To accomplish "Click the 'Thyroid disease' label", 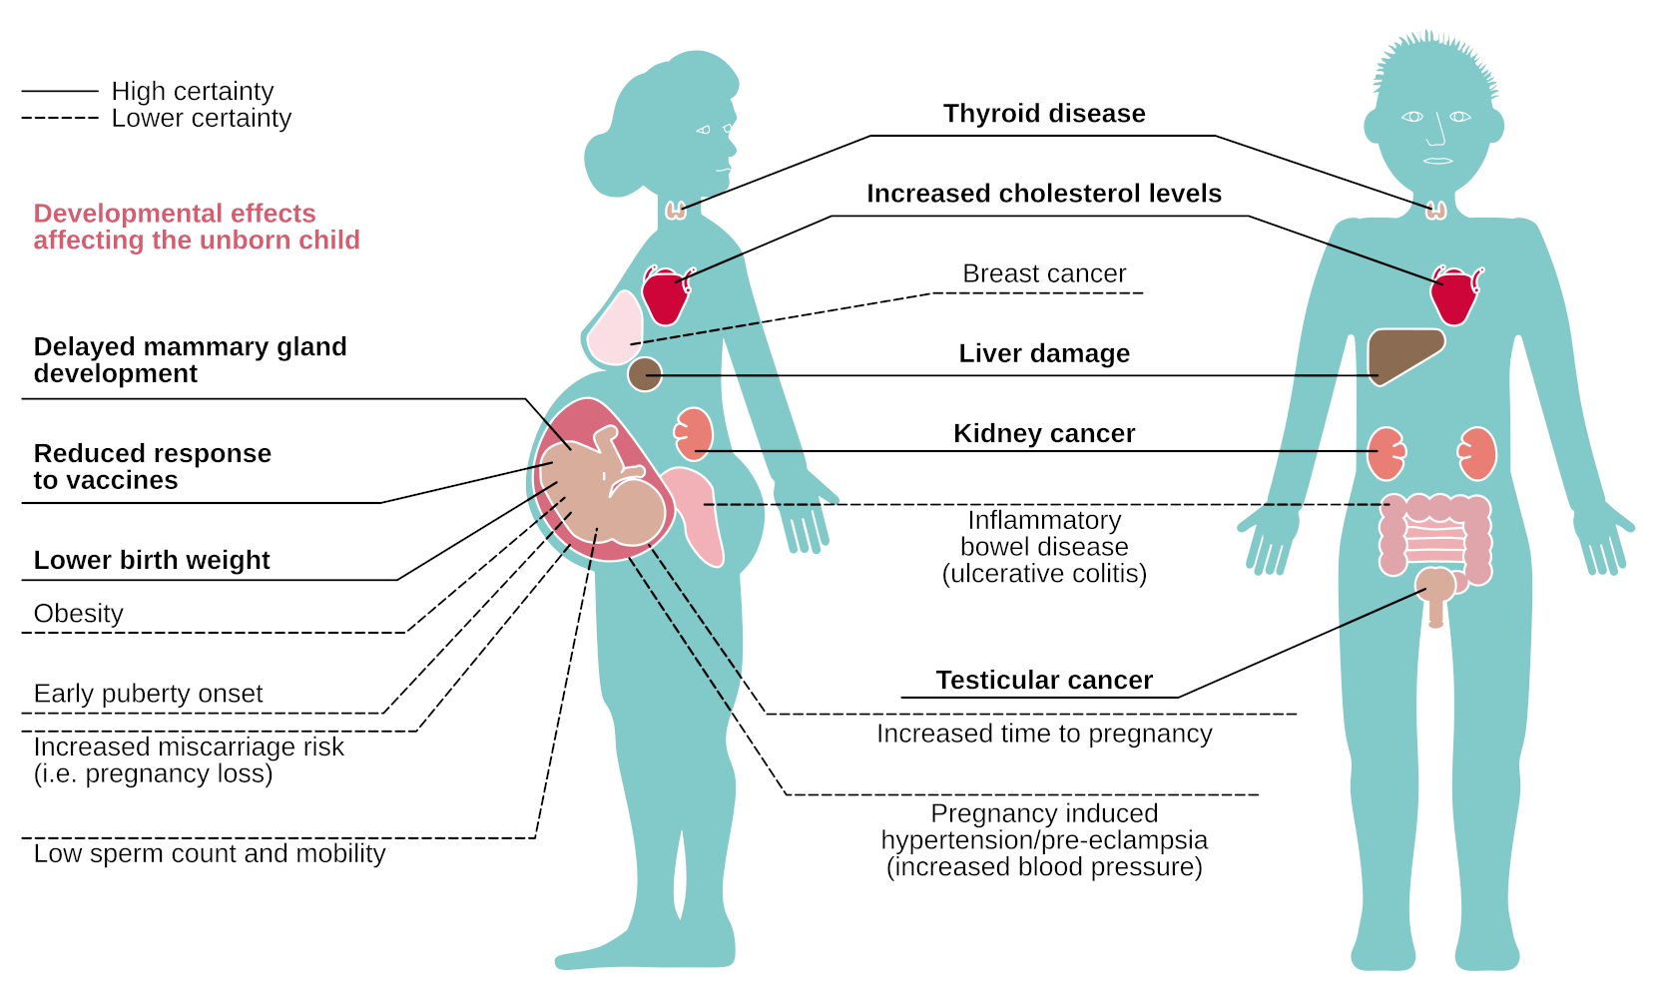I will [1044, 114].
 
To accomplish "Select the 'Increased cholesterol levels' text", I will [1044, 194].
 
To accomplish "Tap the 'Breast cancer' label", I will [1044, 273].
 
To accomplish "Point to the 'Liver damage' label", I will [1044, 353].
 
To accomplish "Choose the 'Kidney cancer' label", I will [1044, 433].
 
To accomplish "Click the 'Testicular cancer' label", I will [1044, 680].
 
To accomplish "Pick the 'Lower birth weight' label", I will [152, 560].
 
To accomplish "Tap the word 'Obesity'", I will [79, 614].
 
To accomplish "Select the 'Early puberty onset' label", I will [148, 694].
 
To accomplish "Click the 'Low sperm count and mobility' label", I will [210, 853].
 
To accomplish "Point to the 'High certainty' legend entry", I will [192, 91].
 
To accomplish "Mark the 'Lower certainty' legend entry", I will [201, 118].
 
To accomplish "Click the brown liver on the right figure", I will [1401, 353].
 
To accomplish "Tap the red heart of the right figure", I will [1453, 295].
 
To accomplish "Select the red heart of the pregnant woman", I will [665, 295].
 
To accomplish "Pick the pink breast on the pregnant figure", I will [614, 329].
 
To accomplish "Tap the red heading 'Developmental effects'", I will [175, 214].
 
